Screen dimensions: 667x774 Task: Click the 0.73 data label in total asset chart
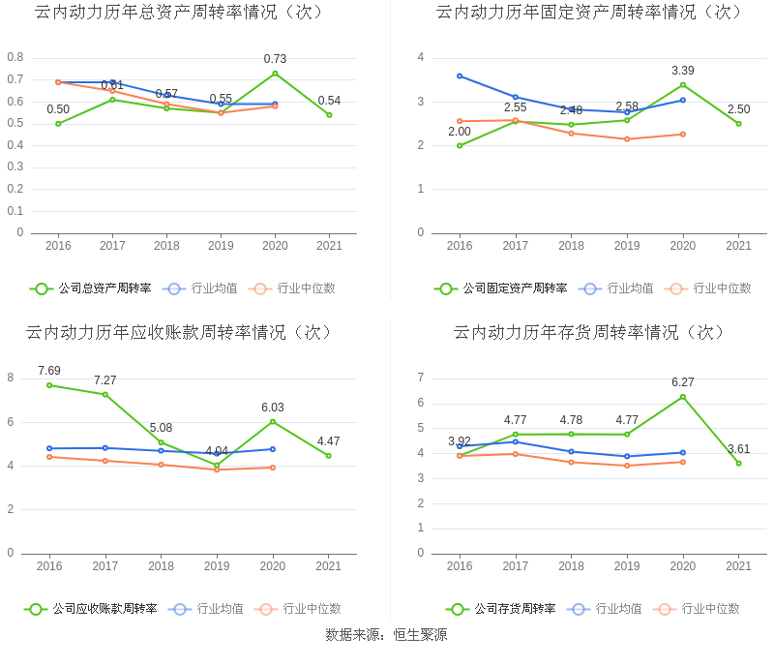[275, 59]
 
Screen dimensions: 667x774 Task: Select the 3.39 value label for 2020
[683, 71]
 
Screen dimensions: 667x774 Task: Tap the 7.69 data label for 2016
[49, 371]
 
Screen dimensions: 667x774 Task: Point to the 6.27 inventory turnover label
[683, 382]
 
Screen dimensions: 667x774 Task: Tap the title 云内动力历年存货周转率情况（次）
[589, 332]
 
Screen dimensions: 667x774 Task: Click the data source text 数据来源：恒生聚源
[386, 635]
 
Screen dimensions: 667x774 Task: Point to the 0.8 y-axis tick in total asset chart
[15, 57]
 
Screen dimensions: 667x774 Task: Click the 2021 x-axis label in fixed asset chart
[738, 246]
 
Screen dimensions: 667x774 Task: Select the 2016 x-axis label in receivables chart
[49, 566]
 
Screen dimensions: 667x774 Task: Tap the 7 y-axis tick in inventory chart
[420, 378]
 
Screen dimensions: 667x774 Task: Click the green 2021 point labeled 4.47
[329, 456]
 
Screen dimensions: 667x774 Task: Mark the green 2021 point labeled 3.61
[738, 463]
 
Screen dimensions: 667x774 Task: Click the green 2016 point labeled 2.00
[460, 145]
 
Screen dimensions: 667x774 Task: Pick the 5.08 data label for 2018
[161, 428]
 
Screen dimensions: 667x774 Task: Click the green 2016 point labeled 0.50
[58, 124]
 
